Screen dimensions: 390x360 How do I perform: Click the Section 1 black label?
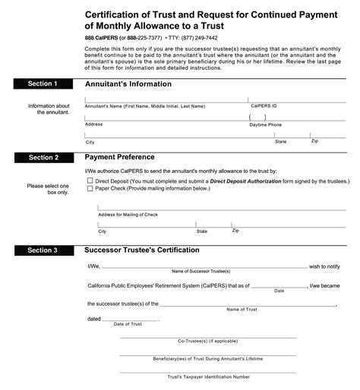[x=43, y=83]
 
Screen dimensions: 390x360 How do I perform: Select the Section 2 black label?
[x=43, y=157]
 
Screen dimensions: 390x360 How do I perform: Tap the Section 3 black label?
[x=43, y=250]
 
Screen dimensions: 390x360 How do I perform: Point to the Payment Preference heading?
[x=119, y=157]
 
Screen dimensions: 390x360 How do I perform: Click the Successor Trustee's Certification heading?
[x=141, y=250]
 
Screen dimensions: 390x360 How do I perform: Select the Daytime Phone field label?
[x=265, y=124]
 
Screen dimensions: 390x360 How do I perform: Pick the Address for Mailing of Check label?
[x=129, y=214]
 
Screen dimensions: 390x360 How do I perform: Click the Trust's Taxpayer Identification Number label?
[x=208, y=376]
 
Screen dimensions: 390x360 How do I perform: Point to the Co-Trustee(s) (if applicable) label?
[x=208, y=341]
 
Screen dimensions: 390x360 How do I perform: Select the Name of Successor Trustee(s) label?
[x=202, y=271]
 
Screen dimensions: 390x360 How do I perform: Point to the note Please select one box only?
[x=47, y=189]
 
